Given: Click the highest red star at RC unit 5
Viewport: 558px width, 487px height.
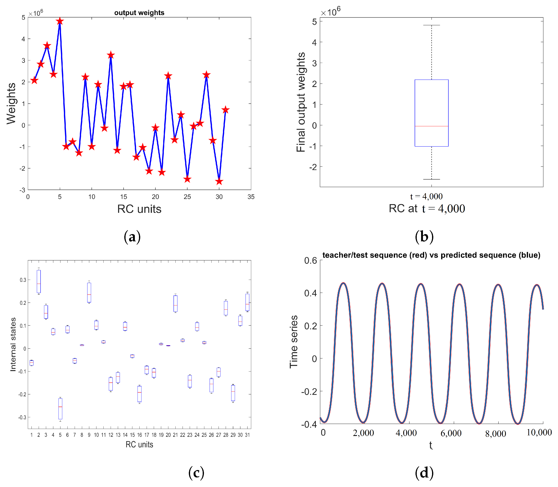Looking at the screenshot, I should pyautogui.click(x=60, y=21).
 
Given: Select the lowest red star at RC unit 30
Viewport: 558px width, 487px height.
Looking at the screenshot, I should pyautogui.click(x=219, y=181).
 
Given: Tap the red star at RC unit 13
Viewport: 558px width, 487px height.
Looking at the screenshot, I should pyautogui.click(x=111, y=55).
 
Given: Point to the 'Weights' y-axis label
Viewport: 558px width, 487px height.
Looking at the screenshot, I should pyautogui.click(x=11, y=104).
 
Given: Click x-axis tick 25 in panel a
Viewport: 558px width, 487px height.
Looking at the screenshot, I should pyautogui.click(x=187, y=197).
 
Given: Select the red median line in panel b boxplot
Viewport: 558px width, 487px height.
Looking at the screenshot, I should pyautogui.click(x=431, y=126).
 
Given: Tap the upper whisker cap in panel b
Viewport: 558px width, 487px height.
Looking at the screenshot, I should pyautogui.click(x=431, y=25).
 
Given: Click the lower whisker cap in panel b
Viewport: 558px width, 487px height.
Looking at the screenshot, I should pyautogui.click(x=431, y=179).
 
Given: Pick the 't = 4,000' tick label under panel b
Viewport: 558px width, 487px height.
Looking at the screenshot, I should pyautogui.click(x=426, y=196).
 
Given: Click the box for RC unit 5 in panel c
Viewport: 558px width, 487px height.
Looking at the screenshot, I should pyautogui.click(x=60, y=409).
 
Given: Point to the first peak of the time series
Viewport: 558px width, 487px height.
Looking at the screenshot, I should pyautogui.click(x=344, y=283).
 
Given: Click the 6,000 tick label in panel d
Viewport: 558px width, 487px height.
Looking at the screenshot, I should pyautogui.click(x=451, y=433).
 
